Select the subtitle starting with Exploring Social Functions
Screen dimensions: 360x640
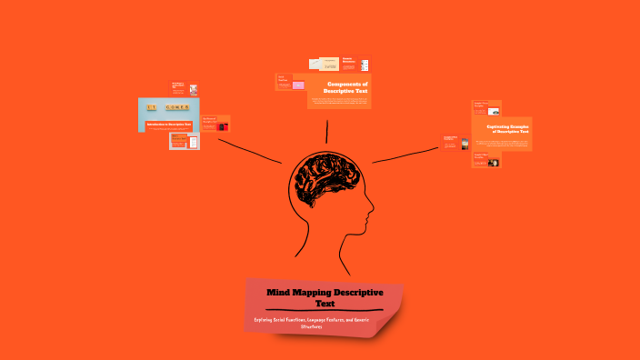[324, 323]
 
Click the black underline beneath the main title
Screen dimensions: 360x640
[324, 311]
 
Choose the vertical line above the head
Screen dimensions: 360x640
[326, 132]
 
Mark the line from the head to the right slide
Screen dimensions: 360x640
[405, 155]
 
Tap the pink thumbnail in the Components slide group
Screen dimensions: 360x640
[297, 86]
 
